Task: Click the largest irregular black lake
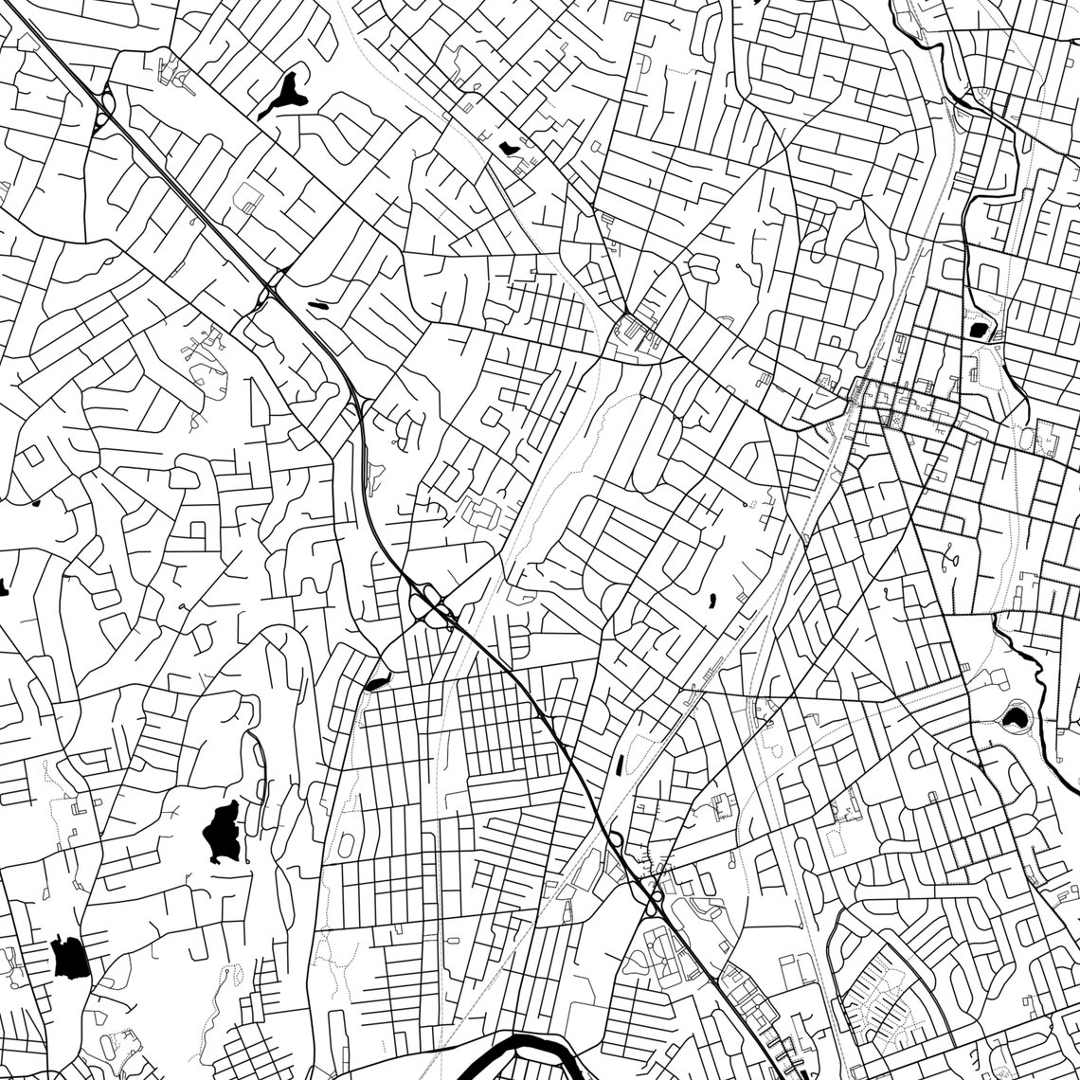[222, 830]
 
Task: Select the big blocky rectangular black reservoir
[71, 958]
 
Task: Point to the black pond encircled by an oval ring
[1017, 716]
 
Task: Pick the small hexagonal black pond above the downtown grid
[978, 330]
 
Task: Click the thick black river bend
[531, 1046]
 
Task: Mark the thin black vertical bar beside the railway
[619, 761]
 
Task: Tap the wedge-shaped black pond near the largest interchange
[376, 681]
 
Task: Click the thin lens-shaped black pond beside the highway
[316, 304]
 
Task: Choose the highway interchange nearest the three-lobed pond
[104, 105]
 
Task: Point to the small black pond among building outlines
[510, 147]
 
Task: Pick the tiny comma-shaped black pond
[711, 599]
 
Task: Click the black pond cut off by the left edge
[3, 588]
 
